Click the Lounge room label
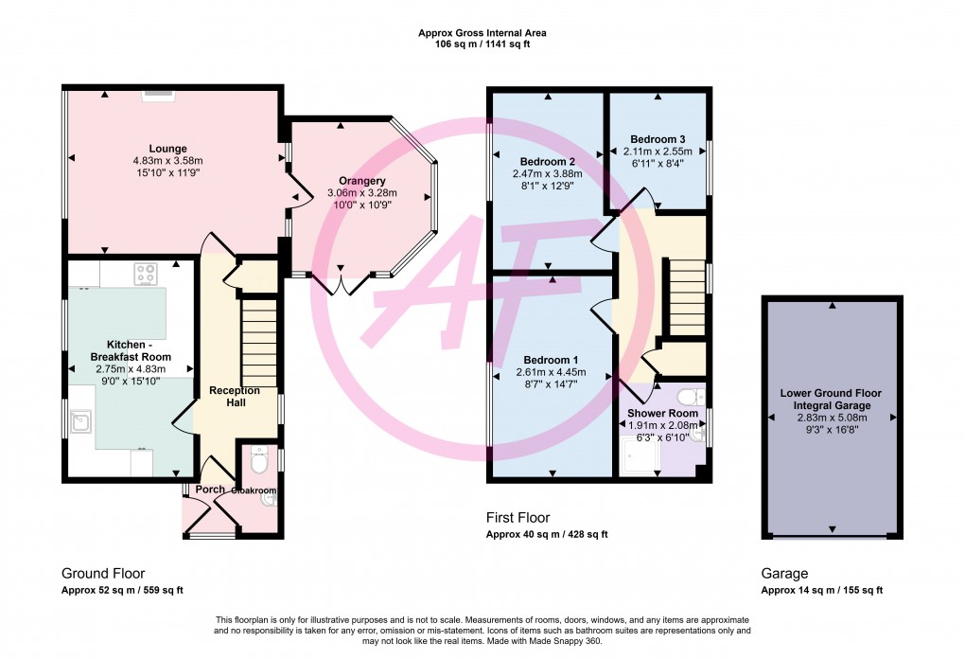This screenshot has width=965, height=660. click(167, 149)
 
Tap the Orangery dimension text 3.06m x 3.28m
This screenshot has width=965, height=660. click(362, 193)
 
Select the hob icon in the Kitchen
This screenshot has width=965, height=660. click(147, 273)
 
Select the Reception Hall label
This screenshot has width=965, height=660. click(234, 397)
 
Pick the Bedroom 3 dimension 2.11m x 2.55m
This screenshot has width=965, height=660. click(658, 152)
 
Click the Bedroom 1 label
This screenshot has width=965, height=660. click(551, 360)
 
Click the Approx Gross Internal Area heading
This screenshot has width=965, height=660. click(482, 33)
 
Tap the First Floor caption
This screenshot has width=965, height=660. click(518, 518)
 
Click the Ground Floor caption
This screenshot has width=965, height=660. click(103, 573)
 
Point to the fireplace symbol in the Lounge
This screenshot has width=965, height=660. click(157, 94)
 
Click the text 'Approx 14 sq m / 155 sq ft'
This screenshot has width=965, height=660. click(821, 590)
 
